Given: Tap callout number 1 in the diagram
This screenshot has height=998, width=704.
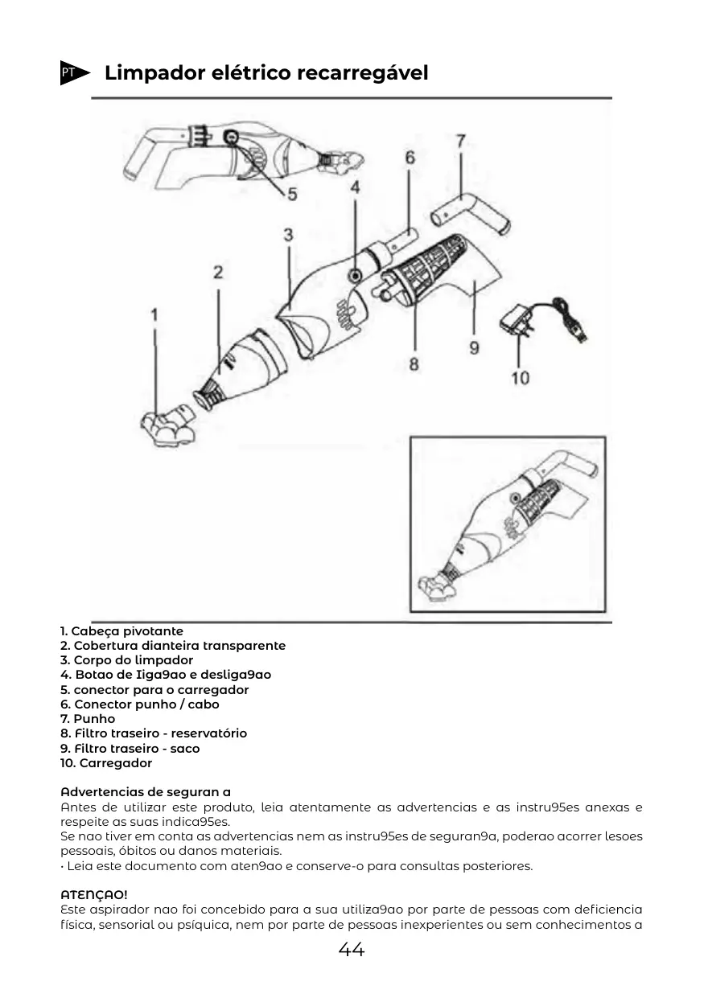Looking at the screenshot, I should (154, 314).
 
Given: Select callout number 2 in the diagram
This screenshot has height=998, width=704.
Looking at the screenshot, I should (218, 273).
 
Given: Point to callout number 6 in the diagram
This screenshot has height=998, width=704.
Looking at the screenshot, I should (410, 158).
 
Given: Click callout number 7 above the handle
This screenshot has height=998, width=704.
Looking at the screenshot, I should (460, 141).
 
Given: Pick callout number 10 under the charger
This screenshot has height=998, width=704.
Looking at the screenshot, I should (520, 376).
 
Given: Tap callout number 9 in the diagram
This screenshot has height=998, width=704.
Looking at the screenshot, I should (474, 347).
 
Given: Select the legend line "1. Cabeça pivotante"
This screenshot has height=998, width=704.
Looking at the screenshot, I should (122, 631).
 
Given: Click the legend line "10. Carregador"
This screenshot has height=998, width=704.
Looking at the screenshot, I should (106, 763).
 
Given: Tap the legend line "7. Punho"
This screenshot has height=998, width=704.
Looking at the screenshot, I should (88, 719).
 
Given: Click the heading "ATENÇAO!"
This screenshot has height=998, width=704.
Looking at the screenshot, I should (94, 894).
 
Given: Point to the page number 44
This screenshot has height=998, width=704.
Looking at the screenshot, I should (352, 950).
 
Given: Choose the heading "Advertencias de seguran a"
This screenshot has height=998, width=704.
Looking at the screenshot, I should (146, 792).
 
